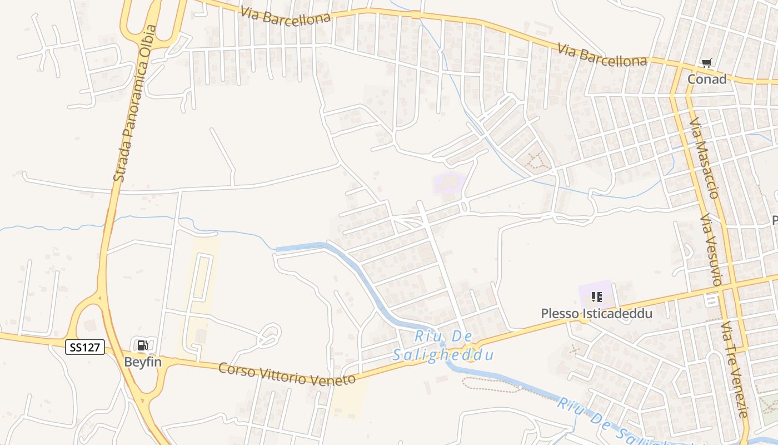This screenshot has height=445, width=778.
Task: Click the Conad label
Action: pos(707,79)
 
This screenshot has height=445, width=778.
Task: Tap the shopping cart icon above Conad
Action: pos(706,64)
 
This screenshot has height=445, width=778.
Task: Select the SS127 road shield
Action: pos(85,348)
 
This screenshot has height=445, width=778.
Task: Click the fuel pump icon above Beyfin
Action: pos(142,345)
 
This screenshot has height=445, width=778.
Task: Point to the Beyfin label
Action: pos(142,362)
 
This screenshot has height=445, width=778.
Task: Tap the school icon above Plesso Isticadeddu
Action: pos(597,297)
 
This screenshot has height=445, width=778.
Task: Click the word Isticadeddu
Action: pos(617,314)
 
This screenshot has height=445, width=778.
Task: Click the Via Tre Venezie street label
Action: pos(735,369)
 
